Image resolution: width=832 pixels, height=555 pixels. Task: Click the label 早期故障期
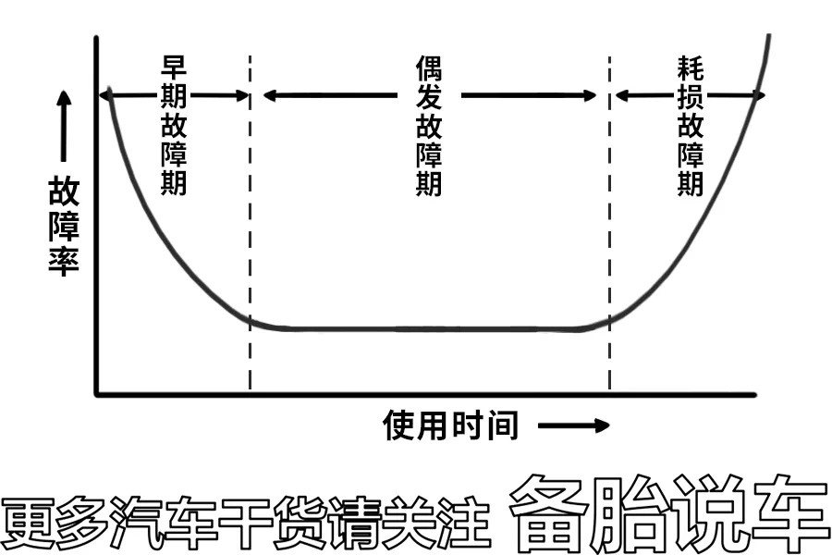click(x=174, y=125)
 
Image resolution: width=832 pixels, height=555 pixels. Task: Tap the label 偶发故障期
click(x=429, y=126)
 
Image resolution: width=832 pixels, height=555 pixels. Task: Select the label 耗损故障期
click(x=691, y=126)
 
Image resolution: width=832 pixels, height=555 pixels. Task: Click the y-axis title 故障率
click(x=64, y=227)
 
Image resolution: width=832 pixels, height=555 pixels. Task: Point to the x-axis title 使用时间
click(x=450, y=425)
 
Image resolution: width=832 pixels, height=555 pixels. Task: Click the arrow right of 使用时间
click(x=573, y=425)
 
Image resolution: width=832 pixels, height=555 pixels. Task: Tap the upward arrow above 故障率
click(x=64, y=126)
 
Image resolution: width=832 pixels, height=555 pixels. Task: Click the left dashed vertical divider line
click(x=250, y=222)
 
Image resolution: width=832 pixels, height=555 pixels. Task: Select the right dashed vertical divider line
click(x=610, y=222)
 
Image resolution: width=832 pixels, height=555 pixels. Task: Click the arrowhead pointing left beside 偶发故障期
click(x=269, y=95)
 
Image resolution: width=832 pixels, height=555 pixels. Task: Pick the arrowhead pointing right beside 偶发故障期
click(x=590, y=95)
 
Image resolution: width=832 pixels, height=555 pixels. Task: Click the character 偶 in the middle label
click(x=429, y=68)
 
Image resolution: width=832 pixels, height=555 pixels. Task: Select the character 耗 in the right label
click(x=691, y=68)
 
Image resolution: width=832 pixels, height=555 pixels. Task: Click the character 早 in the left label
click(x=174, y=67)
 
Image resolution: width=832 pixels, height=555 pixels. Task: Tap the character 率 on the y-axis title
click(x=64, y=261)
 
